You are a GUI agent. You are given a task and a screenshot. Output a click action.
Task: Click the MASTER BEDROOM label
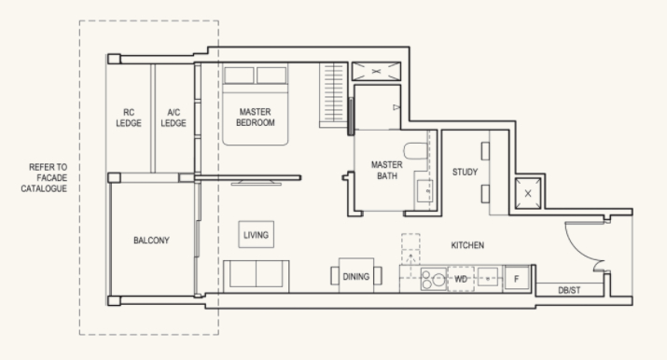pos(256,118)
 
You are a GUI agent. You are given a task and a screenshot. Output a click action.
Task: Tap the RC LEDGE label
pos(129,118)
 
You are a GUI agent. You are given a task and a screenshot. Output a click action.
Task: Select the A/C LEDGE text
pos(174,118)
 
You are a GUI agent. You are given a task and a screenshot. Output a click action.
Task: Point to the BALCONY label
pos(151,240)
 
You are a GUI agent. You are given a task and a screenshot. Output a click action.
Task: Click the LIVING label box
pos(257,235)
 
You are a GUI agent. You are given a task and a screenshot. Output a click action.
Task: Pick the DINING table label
pos(356,277)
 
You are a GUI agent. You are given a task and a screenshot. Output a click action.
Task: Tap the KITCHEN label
pos(467,245)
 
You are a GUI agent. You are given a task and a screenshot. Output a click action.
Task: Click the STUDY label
pos(465,173)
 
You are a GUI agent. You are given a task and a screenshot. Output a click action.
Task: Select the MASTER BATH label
pos(386,170)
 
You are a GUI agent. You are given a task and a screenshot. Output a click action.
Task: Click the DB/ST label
pos(569,290)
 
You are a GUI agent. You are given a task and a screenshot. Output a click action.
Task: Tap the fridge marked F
pos(517,279)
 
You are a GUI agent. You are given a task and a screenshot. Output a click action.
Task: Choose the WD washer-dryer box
pos(461,279)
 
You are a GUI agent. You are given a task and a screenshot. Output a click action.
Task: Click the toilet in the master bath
pos(416,151)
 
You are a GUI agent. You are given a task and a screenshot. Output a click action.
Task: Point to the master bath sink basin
pos(424,191)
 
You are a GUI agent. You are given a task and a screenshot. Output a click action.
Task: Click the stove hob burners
pos(434,279)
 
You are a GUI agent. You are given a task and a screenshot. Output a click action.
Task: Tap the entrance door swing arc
pos(576,250)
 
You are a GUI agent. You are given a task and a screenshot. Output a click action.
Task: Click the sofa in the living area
pos(257,276)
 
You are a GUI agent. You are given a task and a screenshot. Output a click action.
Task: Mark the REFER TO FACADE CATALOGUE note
pos(44,177)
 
